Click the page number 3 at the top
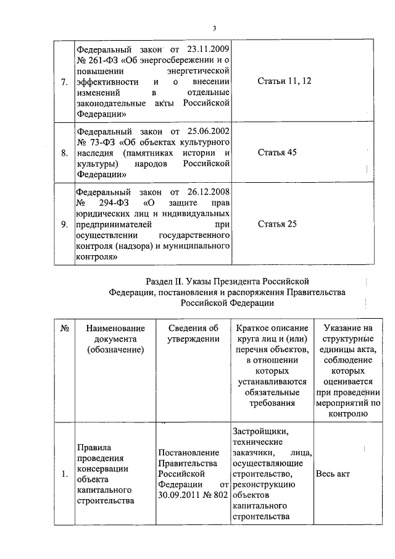point(214,28)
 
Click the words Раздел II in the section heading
point(165,282)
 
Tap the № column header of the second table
point(64,327)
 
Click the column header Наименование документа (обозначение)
point(115,338)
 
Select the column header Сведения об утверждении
point(193,333)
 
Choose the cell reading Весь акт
point(333,474)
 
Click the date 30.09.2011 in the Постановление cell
point(178,495)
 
